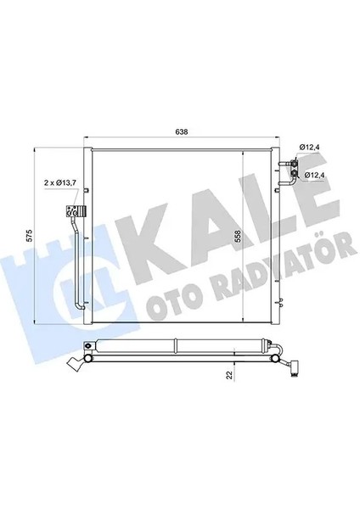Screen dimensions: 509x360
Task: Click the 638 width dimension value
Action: coord(181,131)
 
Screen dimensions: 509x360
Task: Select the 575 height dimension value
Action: coord(28,234)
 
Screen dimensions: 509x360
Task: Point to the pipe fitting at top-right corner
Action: coord(294,161)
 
